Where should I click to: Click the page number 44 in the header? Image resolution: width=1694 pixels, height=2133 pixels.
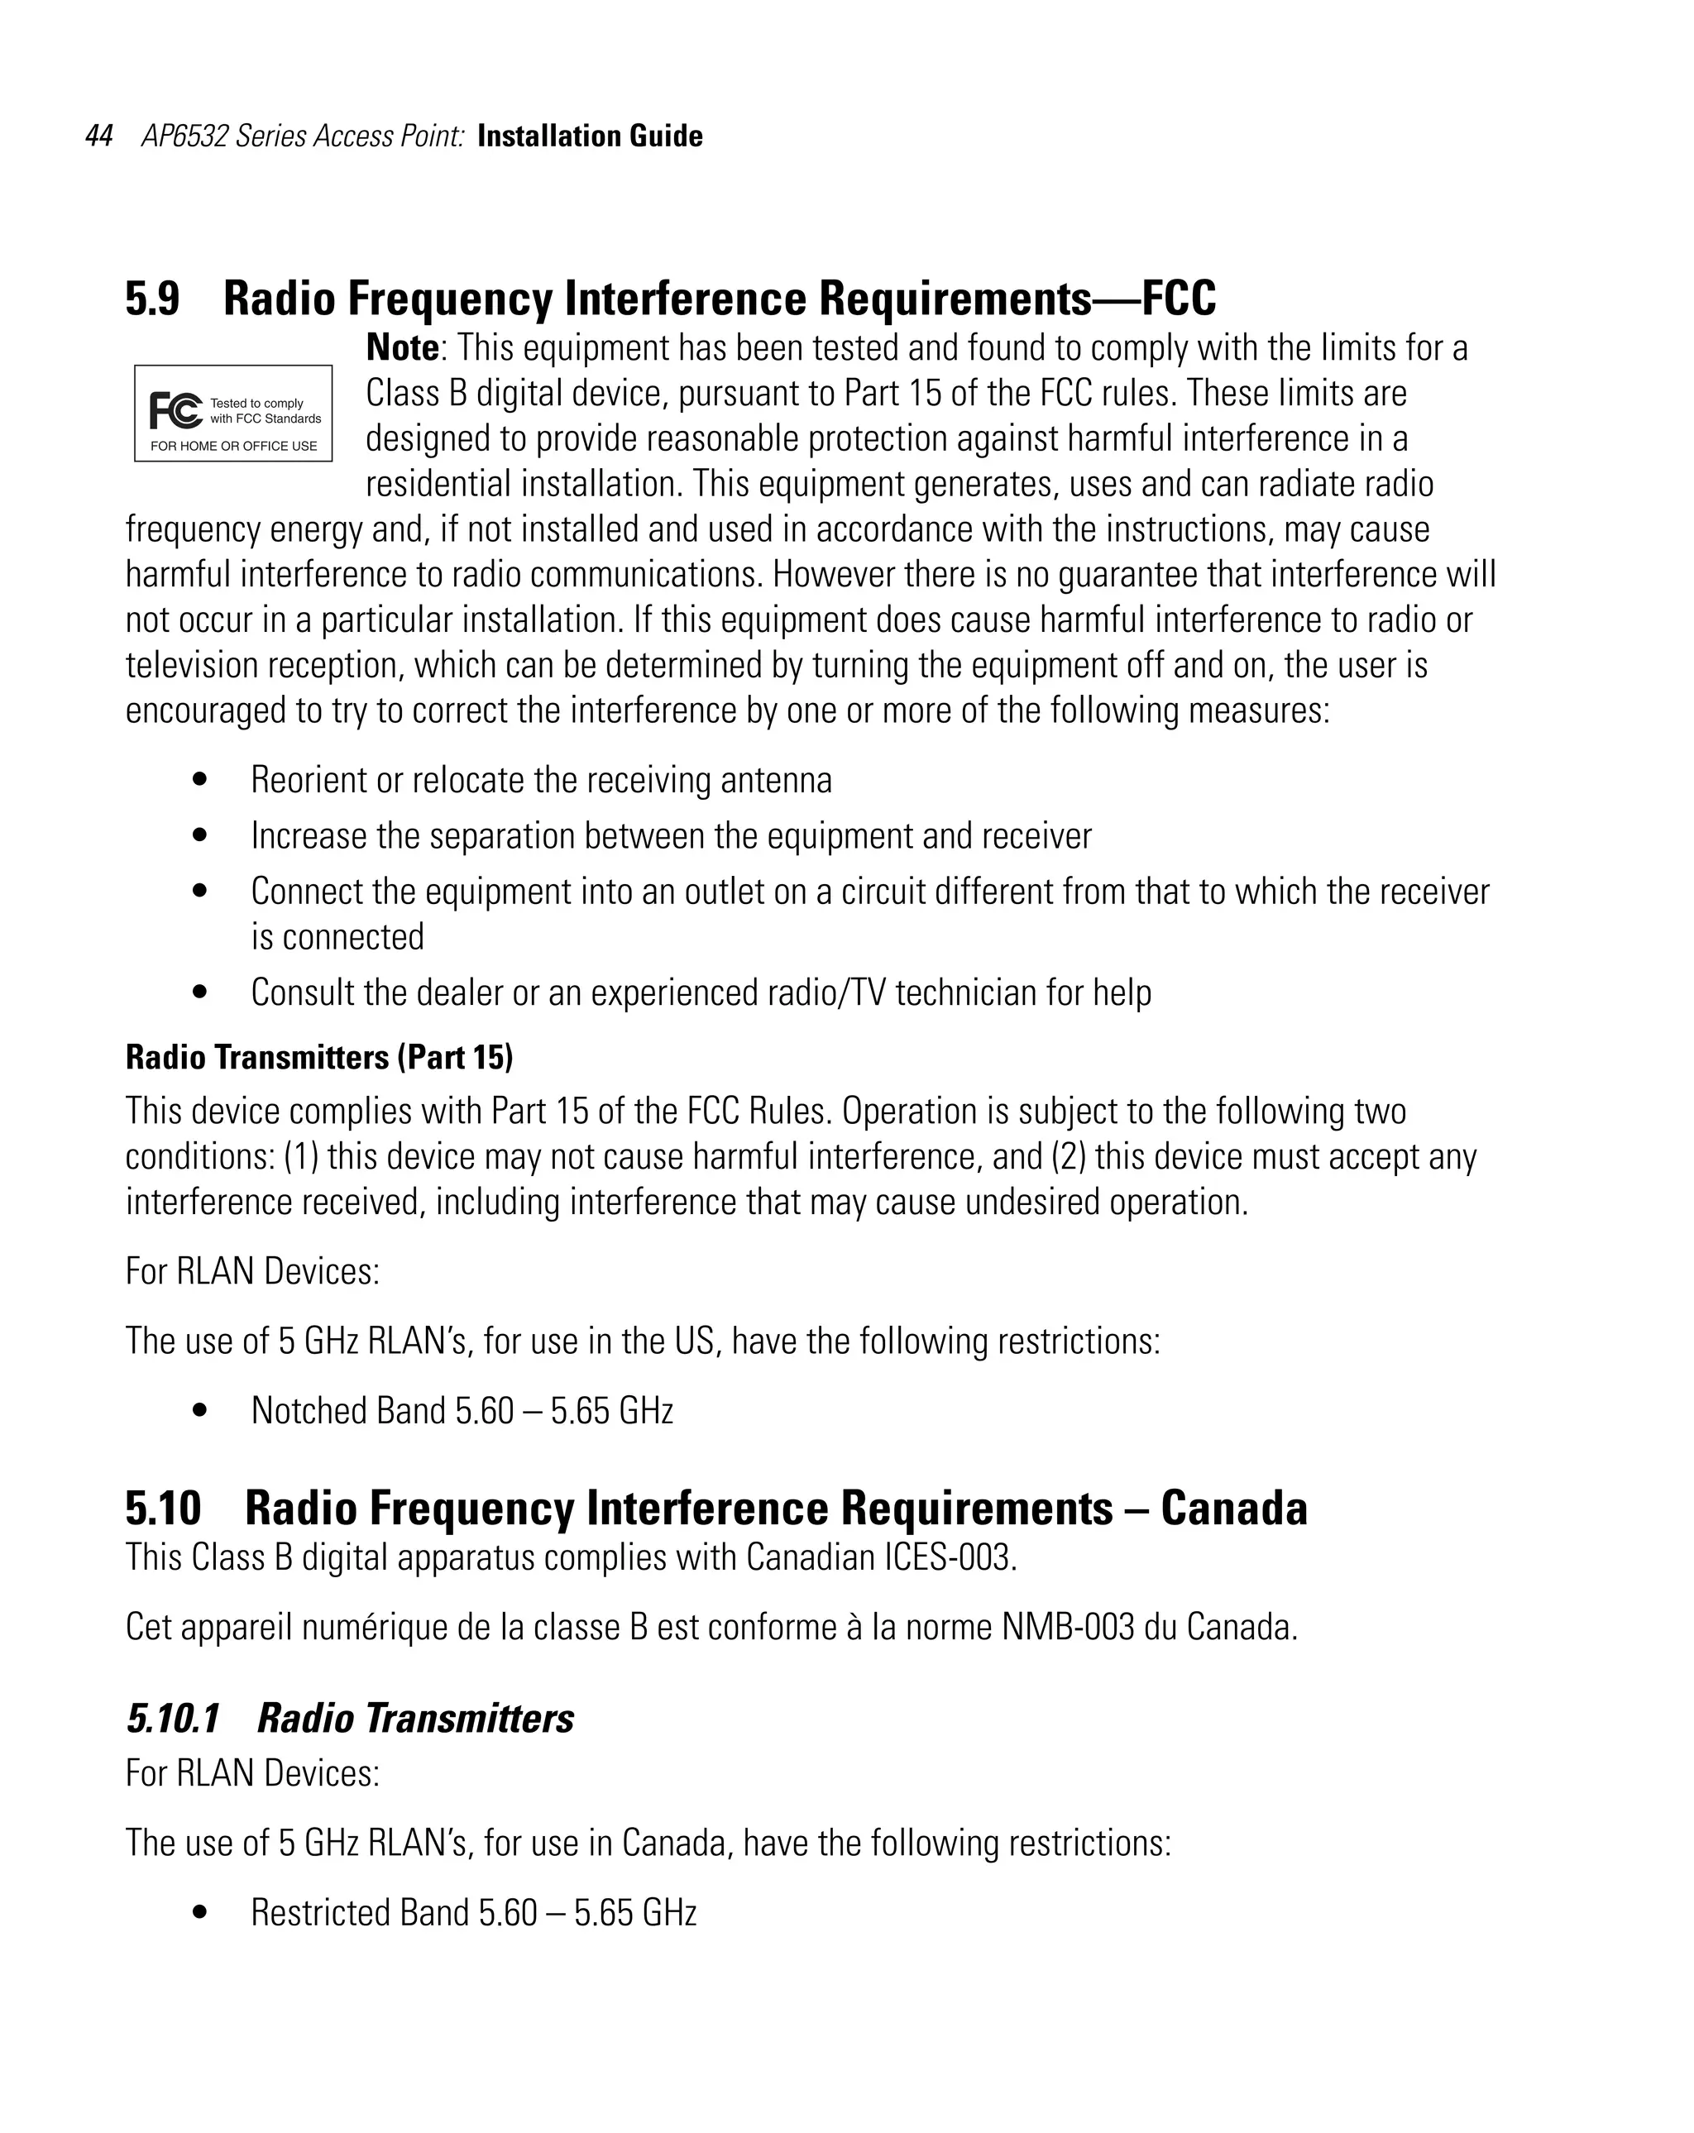[x=99, y=136]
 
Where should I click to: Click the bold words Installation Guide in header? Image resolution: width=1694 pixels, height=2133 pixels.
[x=590, y=136]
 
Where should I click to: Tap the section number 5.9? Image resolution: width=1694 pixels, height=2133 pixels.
[x=152, y=299]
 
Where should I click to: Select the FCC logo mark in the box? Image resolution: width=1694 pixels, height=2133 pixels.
[x=176, y=409]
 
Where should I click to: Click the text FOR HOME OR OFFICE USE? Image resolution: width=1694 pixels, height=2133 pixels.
[x=233, y=446]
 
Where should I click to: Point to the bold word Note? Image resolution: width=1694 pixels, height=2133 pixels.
[x=402, y=348]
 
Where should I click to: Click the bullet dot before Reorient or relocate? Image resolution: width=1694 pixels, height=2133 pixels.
[x=201, y=780]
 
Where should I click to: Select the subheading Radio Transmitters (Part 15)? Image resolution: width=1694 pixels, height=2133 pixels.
[x=318, y=1058]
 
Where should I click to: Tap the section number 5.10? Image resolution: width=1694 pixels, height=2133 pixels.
[x=163, y=1509]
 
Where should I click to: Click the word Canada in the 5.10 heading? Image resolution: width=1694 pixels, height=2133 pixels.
[x=1233, y=1509]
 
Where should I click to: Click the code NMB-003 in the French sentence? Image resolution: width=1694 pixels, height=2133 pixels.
[x=1068, y=1627]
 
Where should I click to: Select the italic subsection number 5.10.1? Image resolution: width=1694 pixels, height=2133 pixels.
[x=173, y=1719]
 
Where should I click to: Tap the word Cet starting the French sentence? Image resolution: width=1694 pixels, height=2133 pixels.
[x=147, y=1627]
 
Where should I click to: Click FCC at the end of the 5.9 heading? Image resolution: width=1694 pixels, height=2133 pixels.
[x=1179, y=299]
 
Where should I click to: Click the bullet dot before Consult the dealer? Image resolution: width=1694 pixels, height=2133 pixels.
[x=201, y=992]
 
